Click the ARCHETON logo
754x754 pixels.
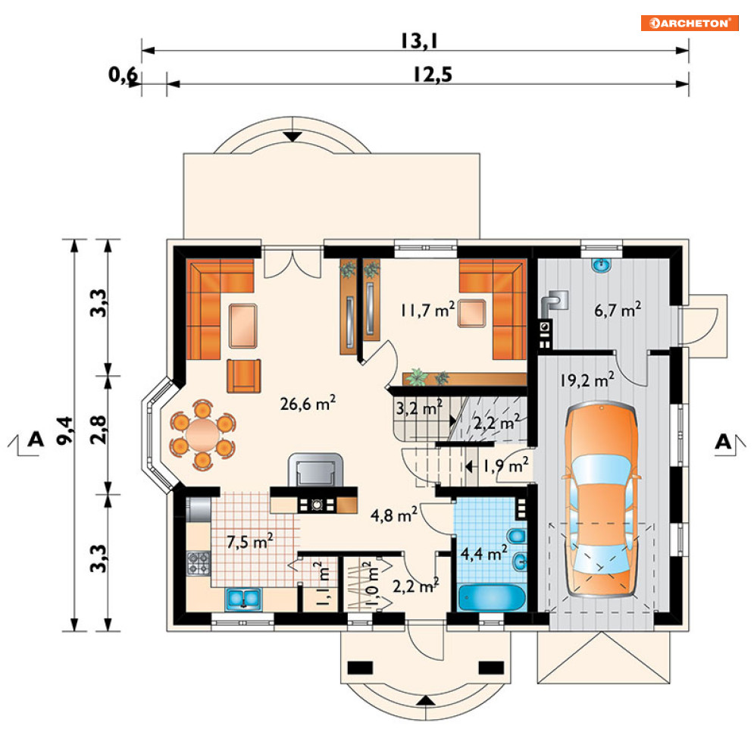pos(689,23)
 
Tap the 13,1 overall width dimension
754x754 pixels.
pos(419,42)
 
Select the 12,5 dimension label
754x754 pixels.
pos(433,74)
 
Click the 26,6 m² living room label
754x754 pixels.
pos(308,403)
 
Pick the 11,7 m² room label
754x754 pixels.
pos(427,310)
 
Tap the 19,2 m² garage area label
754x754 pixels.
pos(587,380)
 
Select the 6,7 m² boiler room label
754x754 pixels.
pos(618,310)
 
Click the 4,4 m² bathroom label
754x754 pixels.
pos(483,553)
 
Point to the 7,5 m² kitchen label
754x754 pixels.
pos(250,542)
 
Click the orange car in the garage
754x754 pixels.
pos(602,500)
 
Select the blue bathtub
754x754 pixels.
pos(492,598)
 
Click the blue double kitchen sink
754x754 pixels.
pos(243,599)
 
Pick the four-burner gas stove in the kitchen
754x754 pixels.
pos(198,564)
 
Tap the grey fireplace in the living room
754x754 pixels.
pos(315,470)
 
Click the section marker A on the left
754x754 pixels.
pos(36,439)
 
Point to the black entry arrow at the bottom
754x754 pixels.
pos(426,700)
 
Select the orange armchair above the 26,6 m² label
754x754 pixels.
pos(244,376)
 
